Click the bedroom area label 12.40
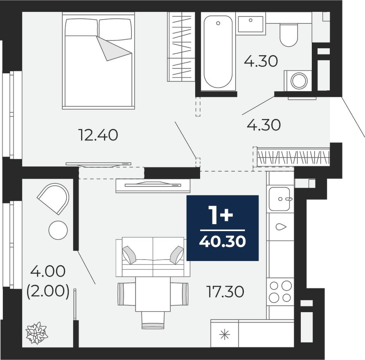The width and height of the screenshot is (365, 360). click(x=99, y=135)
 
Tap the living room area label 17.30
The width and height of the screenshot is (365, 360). click(x=225, y=292)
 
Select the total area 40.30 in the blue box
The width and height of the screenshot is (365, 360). click(x=223, y=241)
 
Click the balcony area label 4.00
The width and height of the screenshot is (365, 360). click(x=48, y=271)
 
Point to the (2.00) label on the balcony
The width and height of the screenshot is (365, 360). click(x=48, y=291)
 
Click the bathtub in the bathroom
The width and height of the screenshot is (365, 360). click(x=218, y=52)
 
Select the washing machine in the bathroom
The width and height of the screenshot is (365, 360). click(x=298, y=81)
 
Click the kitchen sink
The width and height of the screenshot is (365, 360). click(x=279, y=199)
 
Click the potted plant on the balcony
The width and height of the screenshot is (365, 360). click(x=37, y=333)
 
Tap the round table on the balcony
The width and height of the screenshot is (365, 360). click(x=58, y=229)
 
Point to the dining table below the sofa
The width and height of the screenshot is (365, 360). click(x=153, y=294)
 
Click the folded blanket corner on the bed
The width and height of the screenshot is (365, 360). click(x=114, y=48)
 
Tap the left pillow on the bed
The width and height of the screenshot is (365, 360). click(x=81, y=27)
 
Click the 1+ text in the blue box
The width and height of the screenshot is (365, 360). click(x=222, y=216)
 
